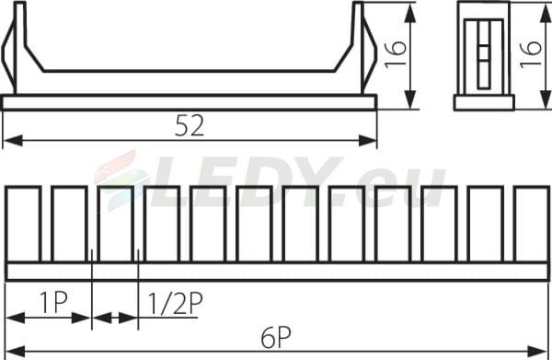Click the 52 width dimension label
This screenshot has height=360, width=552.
click(x=190, y=126)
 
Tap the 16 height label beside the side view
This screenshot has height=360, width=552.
click(x=396, y=54)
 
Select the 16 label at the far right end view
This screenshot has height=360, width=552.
click(x=531, y=54)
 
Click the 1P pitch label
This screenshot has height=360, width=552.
click(x=53, y=302)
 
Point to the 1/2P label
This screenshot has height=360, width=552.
click(x=176, y=304)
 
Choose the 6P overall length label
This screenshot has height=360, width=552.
click(x=276, y=339)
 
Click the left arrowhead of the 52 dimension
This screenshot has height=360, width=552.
click(x=13, y=141)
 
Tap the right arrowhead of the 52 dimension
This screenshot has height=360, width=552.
click(x=367, y=141)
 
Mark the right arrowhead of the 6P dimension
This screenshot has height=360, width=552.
click(x=536, y=351)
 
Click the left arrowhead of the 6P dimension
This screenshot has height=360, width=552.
click(x=16, y=351)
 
